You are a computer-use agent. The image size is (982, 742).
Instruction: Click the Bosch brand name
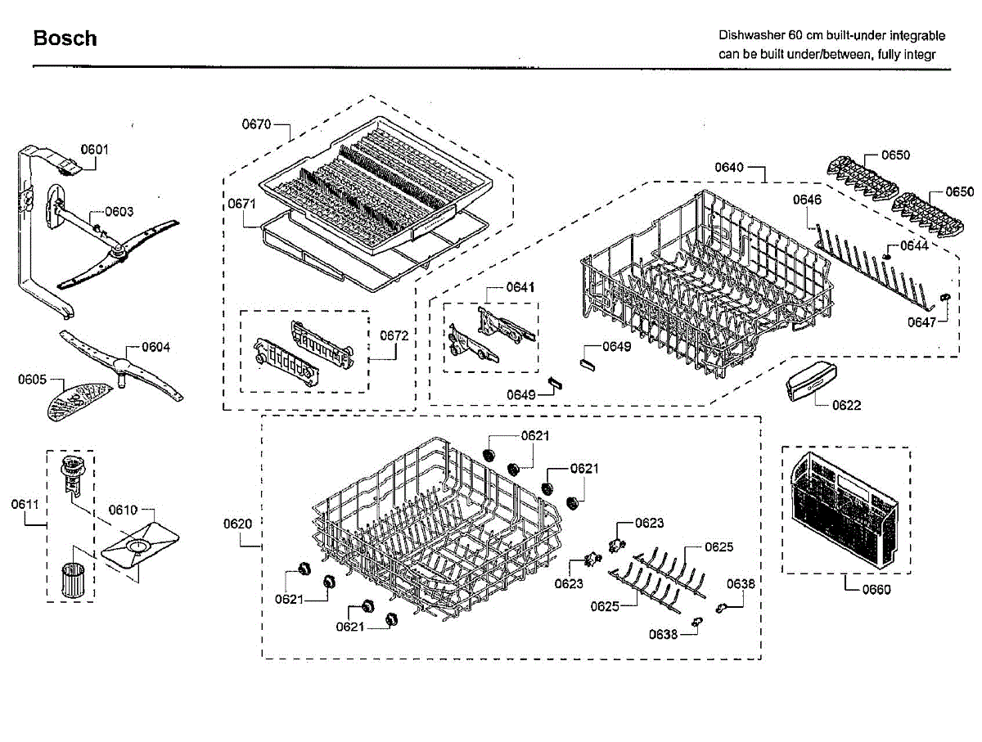click(x=65, y=38)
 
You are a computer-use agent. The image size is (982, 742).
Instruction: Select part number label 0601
click(x=94, y=149)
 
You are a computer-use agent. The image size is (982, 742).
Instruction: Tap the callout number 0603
click(x=119, y=211)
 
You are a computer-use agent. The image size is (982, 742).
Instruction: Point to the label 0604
click(x=155, y=347)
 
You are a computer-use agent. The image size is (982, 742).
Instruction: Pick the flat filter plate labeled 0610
click(x=140, y=546)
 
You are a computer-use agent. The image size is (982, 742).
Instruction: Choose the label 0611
click(x=25, y=504)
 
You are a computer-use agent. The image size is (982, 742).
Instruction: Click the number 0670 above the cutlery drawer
click(x=255, y=124)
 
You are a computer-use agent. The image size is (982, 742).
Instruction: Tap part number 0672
click(x=394, y=335)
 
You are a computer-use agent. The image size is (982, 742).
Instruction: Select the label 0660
click(x=876, y=589)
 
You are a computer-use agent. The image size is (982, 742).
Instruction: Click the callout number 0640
click(x=729, y=168)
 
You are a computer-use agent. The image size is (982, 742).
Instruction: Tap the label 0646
click(x=807, y=200)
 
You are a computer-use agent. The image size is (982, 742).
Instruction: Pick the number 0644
click(x=913, y=245)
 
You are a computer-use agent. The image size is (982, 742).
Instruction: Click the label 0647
click(x=921, y=322)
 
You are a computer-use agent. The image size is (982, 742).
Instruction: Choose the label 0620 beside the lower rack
click(x=237, y=523)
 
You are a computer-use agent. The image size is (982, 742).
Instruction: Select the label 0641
click(x=520, y=287)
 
